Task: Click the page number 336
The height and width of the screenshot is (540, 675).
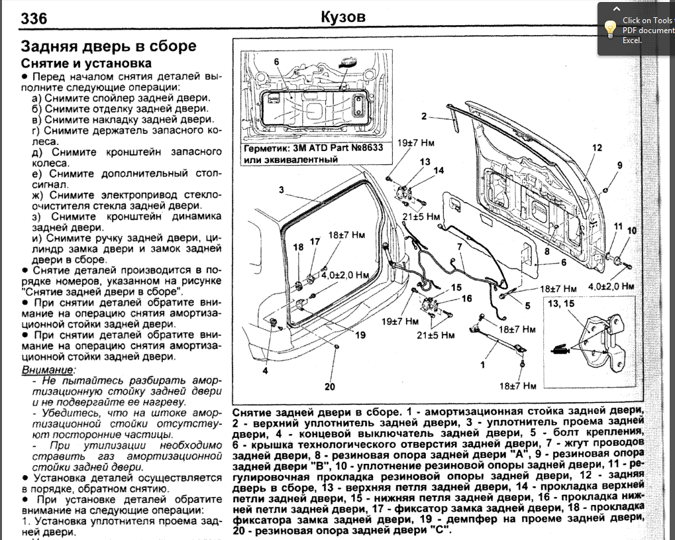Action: [34, 19]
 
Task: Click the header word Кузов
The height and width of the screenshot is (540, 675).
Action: [342, 17]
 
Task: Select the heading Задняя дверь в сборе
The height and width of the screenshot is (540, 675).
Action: [109, 46]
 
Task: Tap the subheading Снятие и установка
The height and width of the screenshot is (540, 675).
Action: [87, 64]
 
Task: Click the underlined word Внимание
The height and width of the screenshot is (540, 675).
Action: [49, 369]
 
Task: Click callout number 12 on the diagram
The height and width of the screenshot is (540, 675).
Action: [597, 148]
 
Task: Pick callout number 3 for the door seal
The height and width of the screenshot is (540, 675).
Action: [282, 190]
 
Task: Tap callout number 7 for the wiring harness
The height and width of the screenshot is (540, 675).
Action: [458, 247]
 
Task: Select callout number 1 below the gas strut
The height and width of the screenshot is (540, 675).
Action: [483, 364]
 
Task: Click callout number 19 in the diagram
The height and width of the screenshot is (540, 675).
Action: [360, 335]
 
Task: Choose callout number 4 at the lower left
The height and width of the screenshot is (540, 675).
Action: [265, 371]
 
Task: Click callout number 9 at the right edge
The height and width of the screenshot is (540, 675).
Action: [620, 165]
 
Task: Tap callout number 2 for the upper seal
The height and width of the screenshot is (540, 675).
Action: [423, 117]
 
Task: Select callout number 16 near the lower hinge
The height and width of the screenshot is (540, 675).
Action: [466, 299]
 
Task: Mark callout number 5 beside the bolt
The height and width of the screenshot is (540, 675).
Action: [528, 305]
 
